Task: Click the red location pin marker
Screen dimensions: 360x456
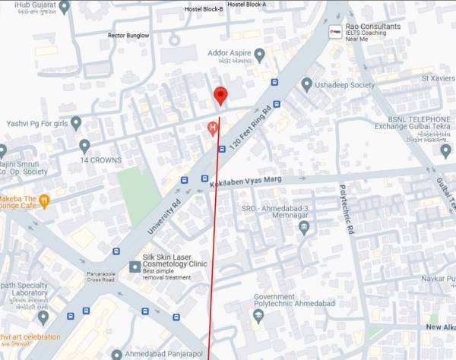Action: tap(220, 96)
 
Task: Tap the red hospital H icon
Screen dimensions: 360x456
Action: tap(214, 128)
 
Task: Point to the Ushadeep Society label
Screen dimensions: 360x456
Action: tap(345, 85)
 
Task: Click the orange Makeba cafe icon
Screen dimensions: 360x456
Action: tap(45, 201)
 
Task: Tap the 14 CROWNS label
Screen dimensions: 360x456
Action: tap(100, 160)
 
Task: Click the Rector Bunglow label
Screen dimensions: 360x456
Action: tap(128, 35)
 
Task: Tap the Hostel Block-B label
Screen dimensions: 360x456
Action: tap(204, 9)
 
